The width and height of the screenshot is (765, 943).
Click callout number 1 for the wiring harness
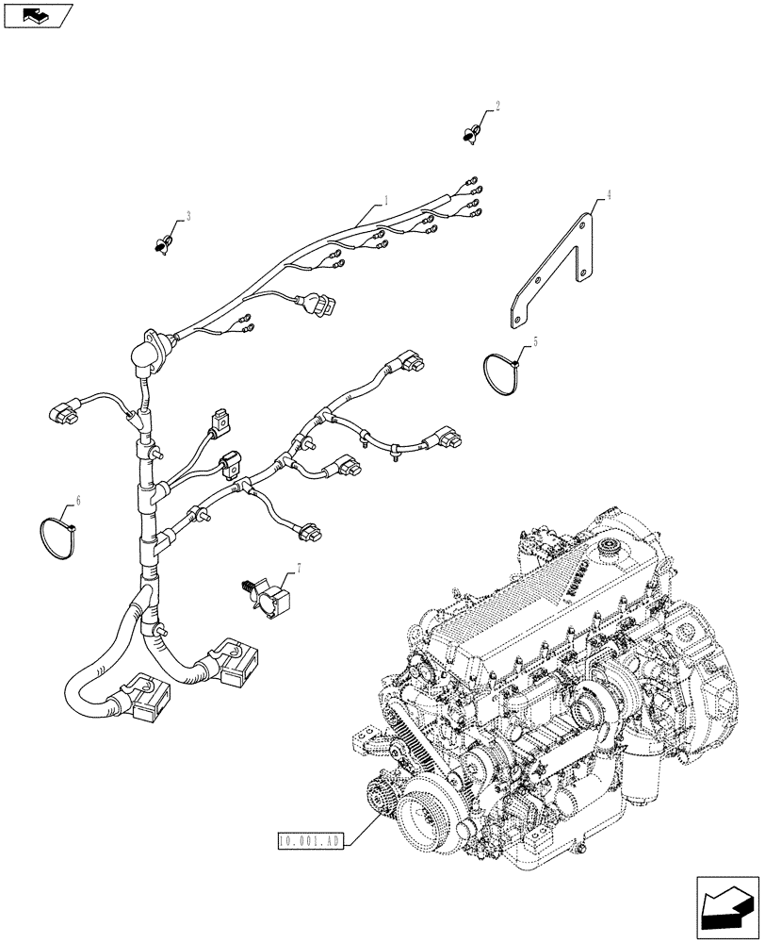pyautogui.click(x=385, y=200)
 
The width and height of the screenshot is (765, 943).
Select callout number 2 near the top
pyautogui.click(x=497, y=107)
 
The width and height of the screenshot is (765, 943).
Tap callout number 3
pyautogui.click(x=188, y=216)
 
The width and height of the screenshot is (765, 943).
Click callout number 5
pyautogui.click(x=536, y=342)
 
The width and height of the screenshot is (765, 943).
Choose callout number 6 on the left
pyautogui.click(x=78, y=502)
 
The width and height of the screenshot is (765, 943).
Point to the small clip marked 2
pyautogui.click(x=472, y=132)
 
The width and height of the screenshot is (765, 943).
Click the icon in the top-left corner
pyautogui.click(x=38, y=14)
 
